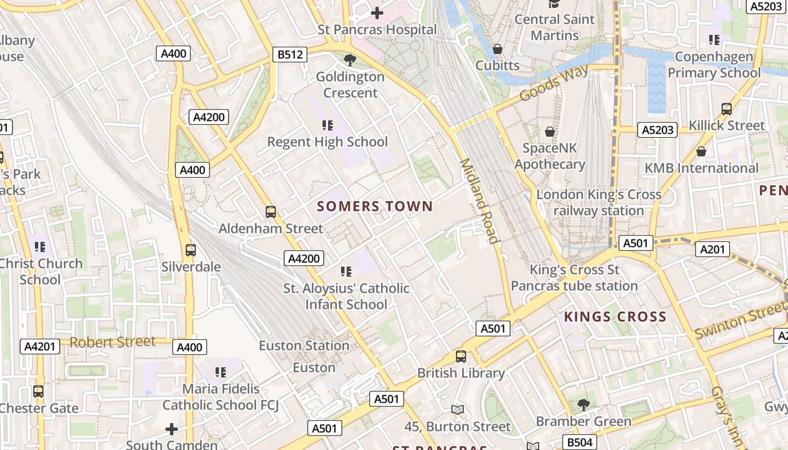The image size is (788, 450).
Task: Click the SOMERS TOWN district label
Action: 375,206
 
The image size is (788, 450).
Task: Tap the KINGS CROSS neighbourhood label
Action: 615,317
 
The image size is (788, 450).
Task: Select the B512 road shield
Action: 290,55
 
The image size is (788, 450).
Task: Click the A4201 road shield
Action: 41,346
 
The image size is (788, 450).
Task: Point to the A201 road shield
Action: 713,249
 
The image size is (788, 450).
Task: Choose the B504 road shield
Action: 580,442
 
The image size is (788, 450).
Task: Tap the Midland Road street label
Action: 480,201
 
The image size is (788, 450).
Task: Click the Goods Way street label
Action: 554,82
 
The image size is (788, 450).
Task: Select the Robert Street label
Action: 113,342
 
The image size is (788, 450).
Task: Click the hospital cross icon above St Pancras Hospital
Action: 377,12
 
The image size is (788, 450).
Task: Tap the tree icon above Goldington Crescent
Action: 350,59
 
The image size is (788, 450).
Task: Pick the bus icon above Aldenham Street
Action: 271,212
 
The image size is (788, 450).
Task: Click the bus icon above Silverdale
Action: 191,250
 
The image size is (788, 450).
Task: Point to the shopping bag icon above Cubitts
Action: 498,49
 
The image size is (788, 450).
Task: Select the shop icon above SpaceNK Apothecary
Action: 550,132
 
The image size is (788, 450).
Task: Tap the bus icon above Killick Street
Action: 727,109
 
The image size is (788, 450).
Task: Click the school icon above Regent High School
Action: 328,125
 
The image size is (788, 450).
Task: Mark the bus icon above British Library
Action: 461,356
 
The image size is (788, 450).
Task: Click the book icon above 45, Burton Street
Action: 458,410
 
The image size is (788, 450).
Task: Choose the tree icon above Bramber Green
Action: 584,404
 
